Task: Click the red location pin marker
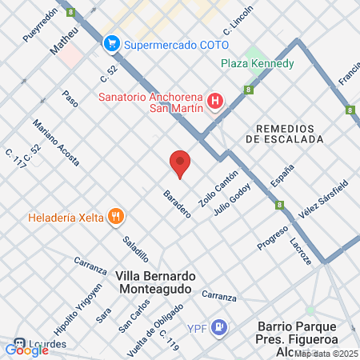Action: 180,163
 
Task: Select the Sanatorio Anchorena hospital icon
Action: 214,101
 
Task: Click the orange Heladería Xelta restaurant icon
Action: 117,216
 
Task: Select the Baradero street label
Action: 177,204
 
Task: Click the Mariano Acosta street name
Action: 56,142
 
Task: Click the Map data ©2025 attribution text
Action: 326,353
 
